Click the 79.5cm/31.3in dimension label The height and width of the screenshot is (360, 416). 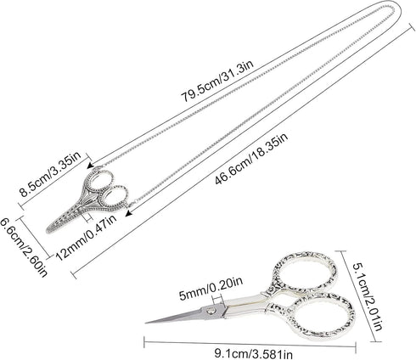pos(217,81)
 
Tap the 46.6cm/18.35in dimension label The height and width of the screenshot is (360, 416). pos(251,158)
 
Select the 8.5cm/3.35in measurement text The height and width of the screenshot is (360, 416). pos(50,174)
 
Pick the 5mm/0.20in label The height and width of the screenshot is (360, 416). pos(211,289)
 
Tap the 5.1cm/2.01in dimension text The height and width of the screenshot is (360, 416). pos(368,296)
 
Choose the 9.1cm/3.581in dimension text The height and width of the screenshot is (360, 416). pos(253,354)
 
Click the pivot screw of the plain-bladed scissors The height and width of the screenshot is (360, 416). pos(211,311)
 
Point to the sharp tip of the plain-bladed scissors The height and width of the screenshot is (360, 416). pos(146,323)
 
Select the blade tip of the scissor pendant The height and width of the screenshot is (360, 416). pos(48,231)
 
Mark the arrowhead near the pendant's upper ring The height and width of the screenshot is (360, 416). pos(91,166)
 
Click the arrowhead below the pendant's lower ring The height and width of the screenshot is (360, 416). pos(129,214)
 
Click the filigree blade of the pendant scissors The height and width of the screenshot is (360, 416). pos(64,221)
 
